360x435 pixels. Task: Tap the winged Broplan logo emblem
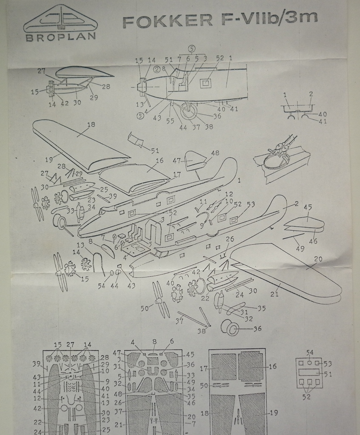(x=60, y=19)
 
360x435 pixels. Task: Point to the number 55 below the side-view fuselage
(x=170, y=121)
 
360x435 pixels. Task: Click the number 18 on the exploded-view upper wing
(x=91, y=125)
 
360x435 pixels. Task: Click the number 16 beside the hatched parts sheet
(x=272, y=366)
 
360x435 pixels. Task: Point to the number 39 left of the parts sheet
(x=37, y=364)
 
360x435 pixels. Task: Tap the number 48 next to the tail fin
(x=215, y=153)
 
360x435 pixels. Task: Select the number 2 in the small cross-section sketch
(x=311, y=94)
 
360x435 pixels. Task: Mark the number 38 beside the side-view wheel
(x=208, y=126)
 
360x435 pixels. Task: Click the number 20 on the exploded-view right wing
(x=318, y=259)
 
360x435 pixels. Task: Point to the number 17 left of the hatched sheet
(x=203, y=369)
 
